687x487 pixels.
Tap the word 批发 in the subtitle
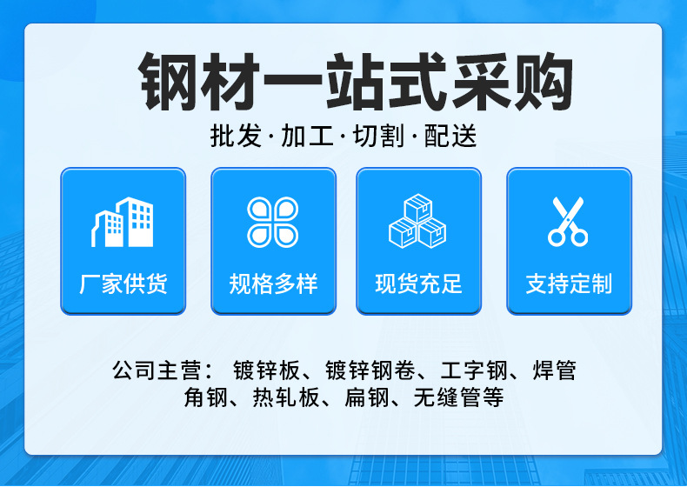[236, 138]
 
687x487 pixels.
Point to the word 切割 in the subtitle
[378, 138]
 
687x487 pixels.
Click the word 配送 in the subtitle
[450, 138]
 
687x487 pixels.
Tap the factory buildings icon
[123, 223]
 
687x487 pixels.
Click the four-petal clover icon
[272, 222]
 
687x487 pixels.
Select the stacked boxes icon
[417, 222]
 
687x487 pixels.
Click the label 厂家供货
[123, 284]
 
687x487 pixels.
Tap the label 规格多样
[273, 284]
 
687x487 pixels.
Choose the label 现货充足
[418, 284]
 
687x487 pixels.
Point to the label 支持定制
[569, 284]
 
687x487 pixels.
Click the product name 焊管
[554, 371]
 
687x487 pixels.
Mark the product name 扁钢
[364, 398]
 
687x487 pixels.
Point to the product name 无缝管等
[458, 398]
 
